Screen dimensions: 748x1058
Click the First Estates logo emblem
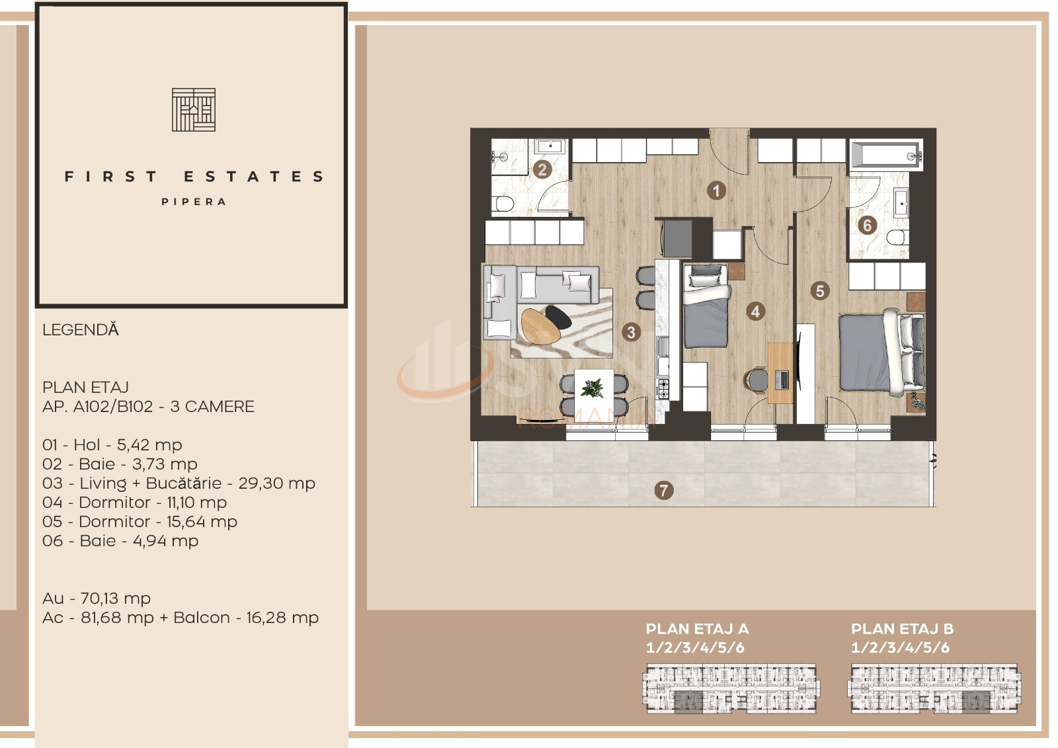(x=194, y=110)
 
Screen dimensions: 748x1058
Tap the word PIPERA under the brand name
(x=194, y=202)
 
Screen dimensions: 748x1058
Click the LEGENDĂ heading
(x=81, y=330)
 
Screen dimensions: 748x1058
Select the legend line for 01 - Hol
(x=112, y=445)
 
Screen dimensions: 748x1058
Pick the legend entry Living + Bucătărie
(x=179, y=483)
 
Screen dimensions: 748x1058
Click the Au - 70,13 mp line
(x=97, y=599)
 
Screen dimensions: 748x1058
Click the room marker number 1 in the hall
(x=716, y=191)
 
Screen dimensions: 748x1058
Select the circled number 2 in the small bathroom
(x=542, y=170)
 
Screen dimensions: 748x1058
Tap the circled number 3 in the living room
(x=631, y=332)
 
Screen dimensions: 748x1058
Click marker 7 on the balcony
(x=664, y=491)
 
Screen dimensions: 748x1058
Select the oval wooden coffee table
(x=540, y=325)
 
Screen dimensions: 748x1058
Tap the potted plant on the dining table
(x=592, y=388)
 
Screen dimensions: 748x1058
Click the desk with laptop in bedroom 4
(x=780, y=374)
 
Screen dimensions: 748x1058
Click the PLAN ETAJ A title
(x=697, y=629)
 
